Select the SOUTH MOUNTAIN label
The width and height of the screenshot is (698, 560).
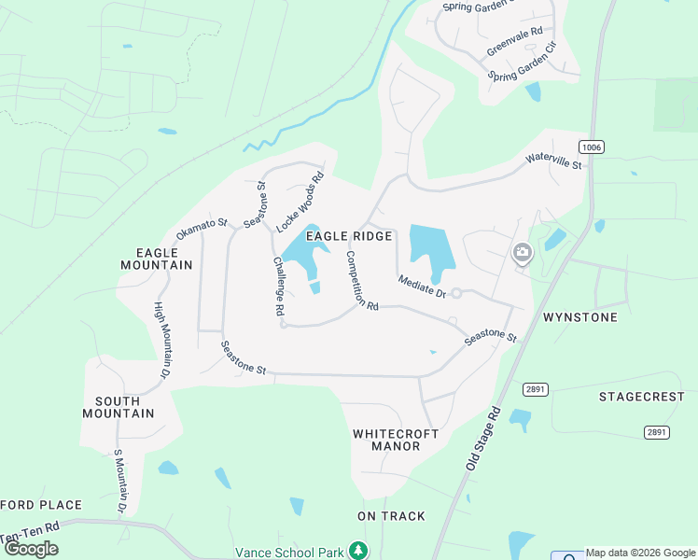pyautogui.click(x=124, y=407)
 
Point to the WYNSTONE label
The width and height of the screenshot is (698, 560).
pyautogui.click(x=579, y=318)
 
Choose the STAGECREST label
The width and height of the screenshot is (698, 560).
pyautogui.click(x=641, y=397)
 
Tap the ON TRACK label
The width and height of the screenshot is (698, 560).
pyautogui.click(x=391, y=516)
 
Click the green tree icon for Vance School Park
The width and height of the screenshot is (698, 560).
pyautogui.click(x=356, y=551)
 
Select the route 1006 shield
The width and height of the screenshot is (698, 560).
pyautogui.click(x=590, y=147)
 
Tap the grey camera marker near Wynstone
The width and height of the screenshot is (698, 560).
pyautogui.click(x=522, y=252)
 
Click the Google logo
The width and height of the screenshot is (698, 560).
pyautogui.click(x=32, y=549)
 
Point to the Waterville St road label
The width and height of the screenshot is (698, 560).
pyautogui.click(x=553, y=163)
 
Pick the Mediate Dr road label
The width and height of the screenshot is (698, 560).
pyautogui.click(x=422, y=286)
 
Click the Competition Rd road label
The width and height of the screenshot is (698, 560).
pyautogui.click(x=361, y=281)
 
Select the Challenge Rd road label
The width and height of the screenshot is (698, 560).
pyautogui.click(x=278, y=289)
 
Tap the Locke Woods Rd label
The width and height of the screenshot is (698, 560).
pyautogui.click(x=300, y=201)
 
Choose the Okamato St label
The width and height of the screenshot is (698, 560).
pyautogui.click(x=202, y=229)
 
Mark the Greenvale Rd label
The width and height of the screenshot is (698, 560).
pyautogui.click(x=514, y=43)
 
